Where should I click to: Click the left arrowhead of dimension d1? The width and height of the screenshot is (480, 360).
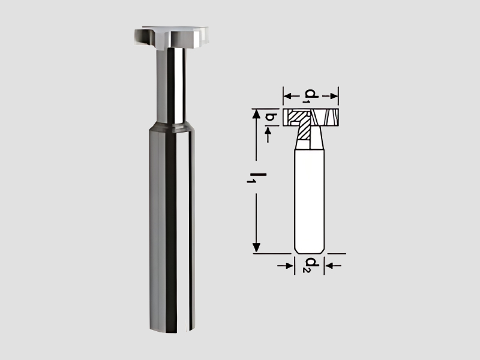(x=287, y=95)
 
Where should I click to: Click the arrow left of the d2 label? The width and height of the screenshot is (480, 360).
(x=289, y=264)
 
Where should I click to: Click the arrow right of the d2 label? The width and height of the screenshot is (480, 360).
(x=329, y=264)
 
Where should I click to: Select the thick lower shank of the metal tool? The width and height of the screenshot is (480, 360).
(x=171, y=228)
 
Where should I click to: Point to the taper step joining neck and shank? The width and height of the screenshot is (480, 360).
(x=172, y=125)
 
